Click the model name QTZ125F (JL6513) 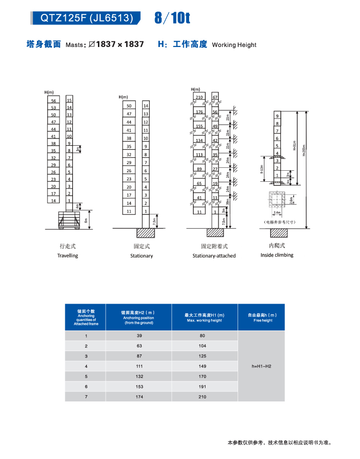(86, 18)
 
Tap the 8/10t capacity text (172, 18)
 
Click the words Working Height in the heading (234, 45)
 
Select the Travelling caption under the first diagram (67, 256)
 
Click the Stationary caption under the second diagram (142, 256)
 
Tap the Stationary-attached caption (214, 256)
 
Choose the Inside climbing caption (277, 255)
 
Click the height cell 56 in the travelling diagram (54, 101)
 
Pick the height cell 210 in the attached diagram (199, 97)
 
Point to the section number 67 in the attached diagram (216, 97)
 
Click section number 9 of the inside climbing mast (277, 116)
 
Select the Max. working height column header (204, 318)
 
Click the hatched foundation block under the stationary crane (146, 233)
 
